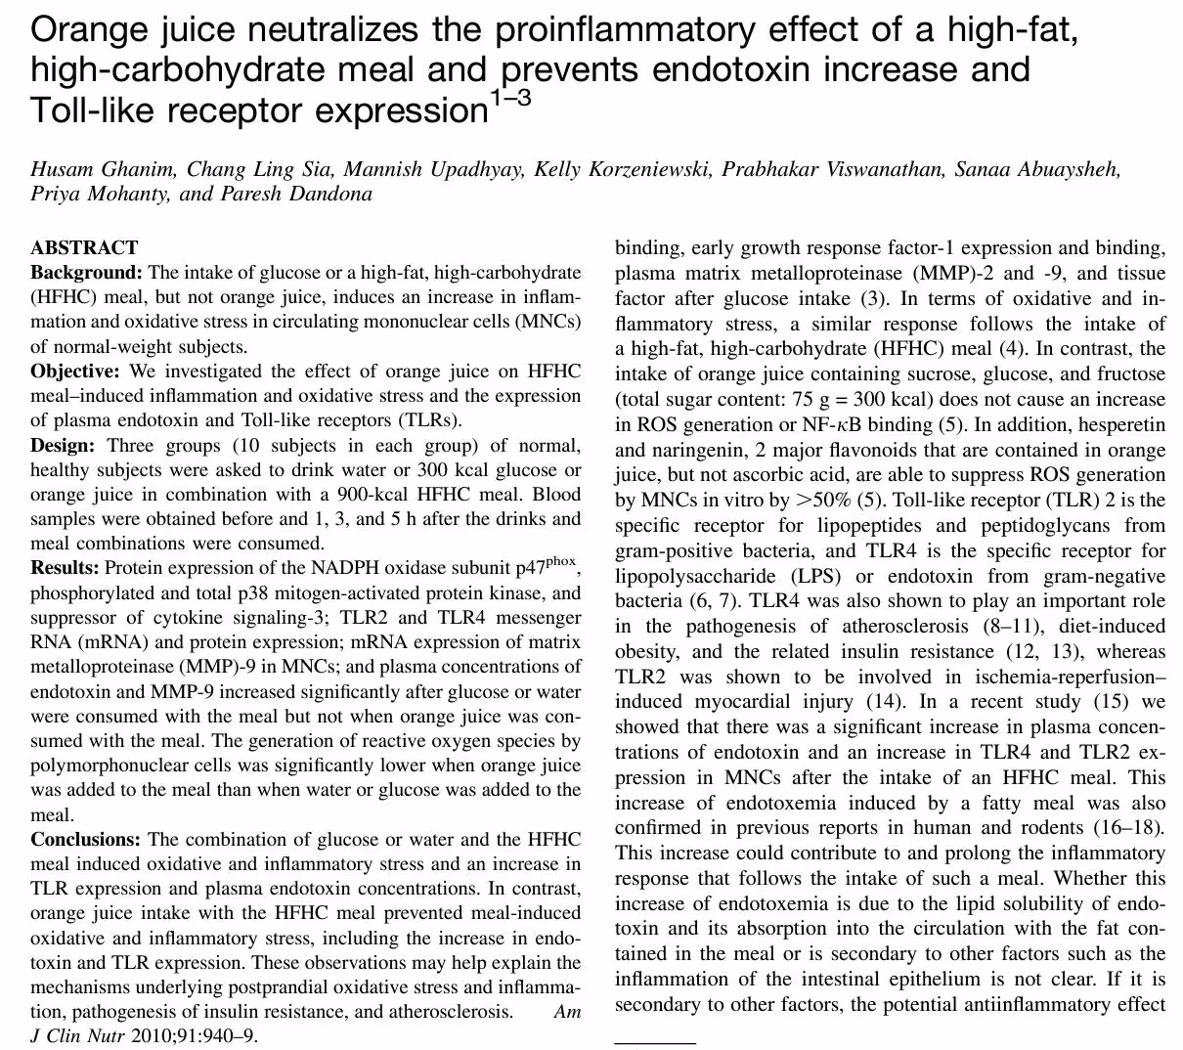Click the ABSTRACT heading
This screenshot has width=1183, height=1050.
(84, 247)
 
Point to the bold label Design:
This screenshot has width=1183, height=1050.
(63, 446)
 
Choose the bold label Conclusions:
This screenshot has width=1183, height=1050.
(86, 840)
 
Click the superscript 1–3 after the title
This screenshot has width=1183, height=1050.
(509, 99)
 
